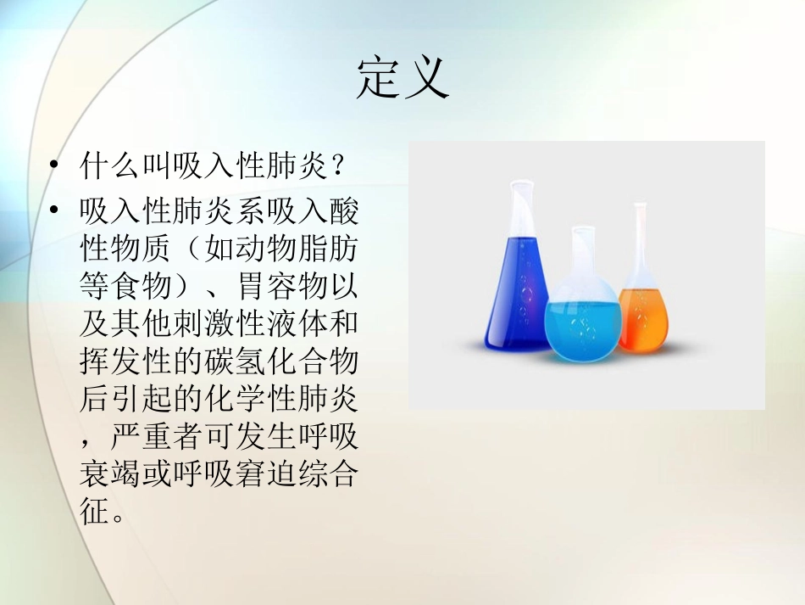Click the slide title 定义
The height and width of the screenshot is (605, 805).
[402, 80]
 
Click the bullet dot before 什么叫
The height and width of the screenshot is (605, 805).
[56, 165]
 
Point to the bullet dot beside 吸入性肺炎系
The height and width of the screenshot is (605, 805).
[56, 210]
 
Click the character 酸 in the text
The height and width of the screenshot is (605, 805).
[344, 210]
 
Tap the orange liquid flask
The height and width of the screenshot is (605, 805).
[641, 314]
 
